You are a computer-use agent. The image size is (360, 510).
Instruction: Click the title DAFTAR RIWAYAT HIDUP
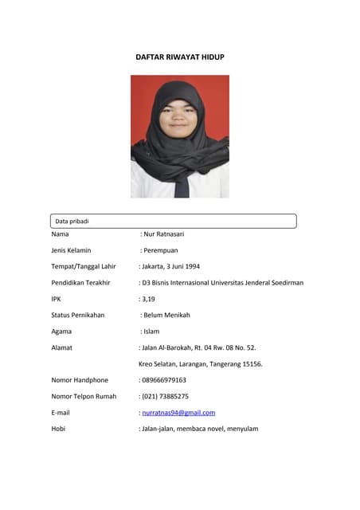(179, 57)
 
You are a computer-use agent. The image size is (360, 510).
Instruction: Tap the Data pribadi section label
(72, 221)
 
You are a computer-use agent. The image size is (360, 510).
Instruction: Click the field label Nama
(60, 234)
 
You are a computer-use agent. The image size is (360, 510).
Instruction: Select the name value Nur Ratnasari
(163, 234)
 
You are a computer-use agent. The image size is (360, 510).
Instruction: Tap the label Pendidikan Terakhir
(80, 283)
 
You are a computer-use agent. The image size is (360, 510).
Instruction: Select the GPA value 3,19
(149, 299)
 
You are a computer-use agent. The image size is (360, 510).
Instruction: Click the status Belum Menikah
(166, 315)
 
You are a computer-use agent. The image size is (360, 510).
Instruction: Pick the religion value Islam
(152, 331)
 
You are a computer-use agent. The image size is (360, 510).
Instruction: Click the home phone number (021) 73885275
(166, 396)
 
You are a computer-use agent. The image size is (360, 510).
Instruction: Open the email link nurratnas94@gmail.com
(178, 413)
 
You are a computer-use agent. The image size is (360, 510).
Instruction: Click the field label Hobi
(58, 429)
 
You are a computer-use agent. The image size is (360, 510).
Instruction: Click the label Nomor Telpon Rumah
(84, 396)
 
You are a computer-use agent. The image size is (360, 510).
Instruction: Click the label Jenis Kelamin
(71, 250)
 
